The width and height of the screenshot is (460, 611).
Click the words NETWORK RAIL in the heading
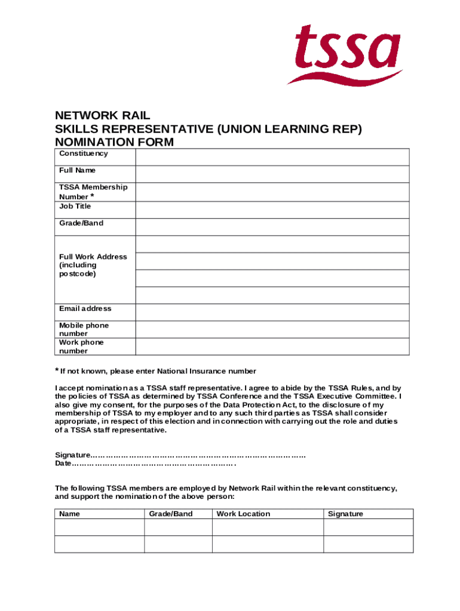[x=102, y=115]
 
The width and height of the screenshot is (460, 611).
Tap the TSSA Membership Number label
[x=93, y=192]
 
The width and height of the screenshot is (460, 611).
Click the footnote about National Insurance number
[x=158, y=371]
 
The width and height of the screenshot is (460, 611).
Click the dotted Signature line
[x=197, y=455]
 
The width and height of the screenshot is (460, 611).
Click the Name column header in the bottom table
[x=69, y=514]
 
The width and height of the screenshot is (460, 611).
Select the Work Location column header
[x=243, y=514]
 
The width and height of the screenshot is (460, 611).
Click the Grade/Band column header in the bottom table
[x=171, y=514]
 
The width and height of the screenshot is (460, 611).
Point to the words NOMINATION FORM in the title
[x=114, y=142]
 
